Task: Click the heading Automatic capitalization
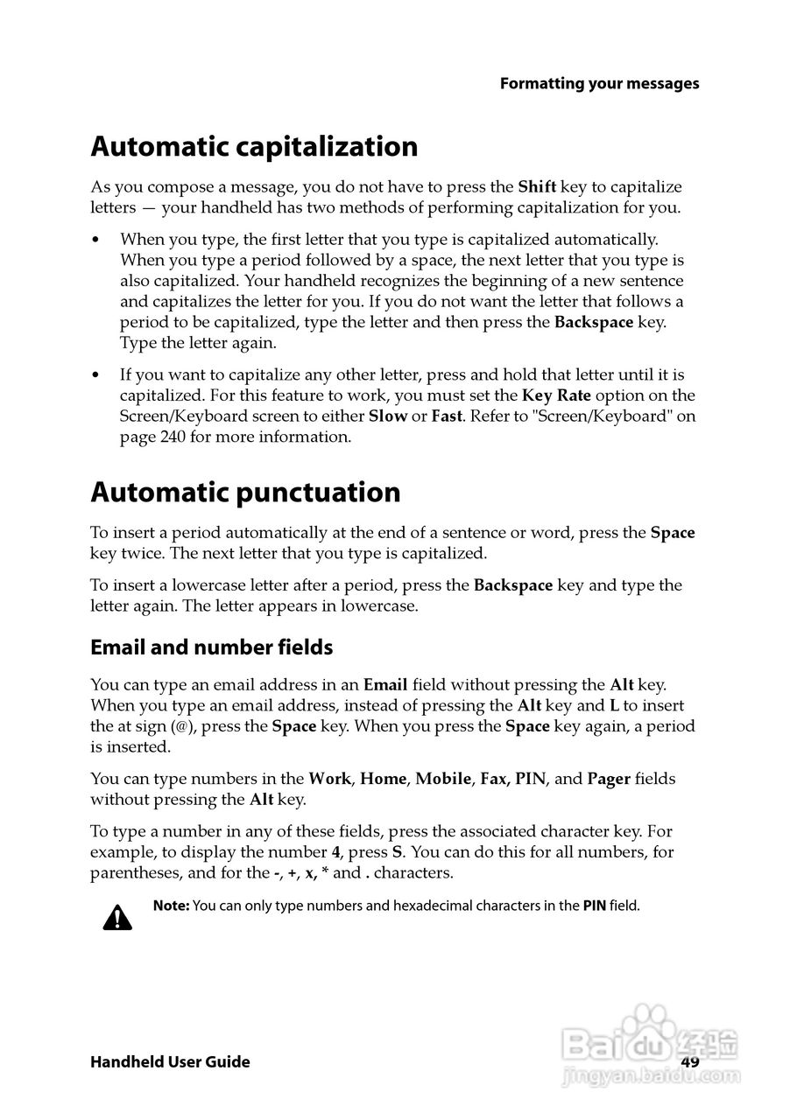(254, 146)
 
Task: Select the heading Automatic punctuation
(245, 493)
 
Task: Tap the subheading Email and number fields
(212, 647)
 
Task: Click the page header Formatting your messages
(599, 84)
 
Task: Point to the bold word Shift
(537, 186)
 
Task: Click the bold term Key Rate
(556, 395)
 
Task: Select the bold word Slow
(388, 416)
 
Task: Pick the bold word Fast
(447, 416)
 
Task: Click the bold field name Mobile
(443, 779)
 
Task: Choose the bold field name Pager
(609, 779)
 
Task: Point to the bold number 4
(335, 852)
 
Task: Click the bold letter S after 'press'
(397, 852)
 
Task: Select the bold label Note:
(171, 906)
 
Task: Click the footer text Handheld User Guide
(170, 1062)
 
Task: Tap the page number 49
(690, 1062)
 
